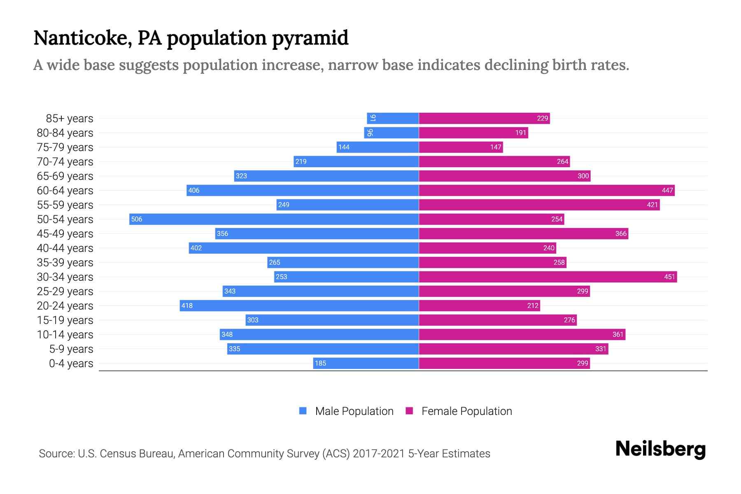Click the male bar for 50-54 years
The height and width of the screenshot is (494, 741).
[x=274, y=219]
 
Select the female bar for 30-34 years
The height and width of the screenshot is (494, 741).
[x=548, y=277]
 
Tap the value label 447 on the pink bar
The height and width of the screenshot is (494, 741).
[x=667, y=190]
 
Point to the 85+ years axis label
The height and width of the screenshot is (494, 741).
[x=69, y=119]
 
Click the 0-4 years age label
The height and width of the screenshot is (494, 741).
[x=71, y=364]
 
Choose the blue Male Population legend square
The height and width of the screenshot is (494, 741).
[x=303, y=411]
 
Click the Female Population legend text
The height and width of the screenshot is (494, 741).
[x=466, y=411]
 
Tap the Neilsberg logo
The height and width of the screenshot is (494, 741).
[x=660, y=449]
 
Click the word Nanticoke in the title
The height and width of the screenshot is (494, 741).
[x=82, y=38]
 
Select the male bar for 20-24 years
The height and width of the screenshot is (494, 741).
[x=299, y=305]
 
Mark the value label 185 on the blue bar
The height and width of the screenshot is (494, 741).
[x=320, y=363]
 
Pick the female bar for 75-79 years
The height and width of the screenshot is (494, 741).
[x=461, y=147]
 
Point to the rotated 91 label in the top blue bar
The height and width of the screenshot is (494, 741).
[x=373, y=118]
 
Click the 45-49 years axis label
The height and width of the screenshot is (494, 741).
[x=65, y=234]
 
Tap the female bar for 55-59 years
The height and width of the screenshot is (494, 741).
[x=539, y=205]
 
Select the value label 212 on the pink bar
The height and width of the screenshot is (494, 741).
[x=532, y=305]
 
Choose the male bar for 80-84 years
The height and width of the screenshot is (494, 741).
[x=391, y=133]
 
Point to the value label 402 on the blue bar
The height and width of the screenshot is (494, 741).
[x=196, y=248]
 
